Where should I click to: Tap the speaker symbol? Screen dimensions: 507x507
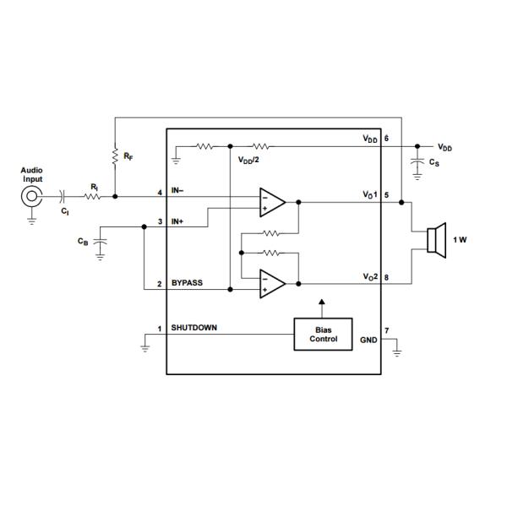[x=436, y=240]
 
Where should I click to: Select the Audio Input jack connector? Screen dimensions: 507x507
[x=31, y=197]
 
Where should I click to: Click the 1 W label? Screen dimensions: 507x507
[x=460, y=240]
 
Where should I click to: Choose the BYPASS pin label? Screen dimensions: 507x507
[x=188, y=283]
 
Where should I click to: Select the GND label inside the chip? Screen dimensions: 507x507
[x=368, y=340]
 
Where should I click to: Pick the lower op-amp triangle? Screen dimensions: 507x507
[x=271, y=283]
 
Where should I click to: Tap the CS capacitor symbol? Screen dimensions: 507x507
[x=417, y=161]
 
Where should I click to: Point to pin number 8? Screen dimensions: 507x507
[x=386, y=277]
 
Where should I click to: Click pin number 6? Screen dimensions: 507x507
[x=386, y=138]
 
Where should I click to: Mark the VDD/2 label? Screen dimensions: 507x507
[x=249, y=160]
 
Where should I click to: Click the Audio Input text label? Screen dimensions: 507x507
[x=31, y=174]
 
